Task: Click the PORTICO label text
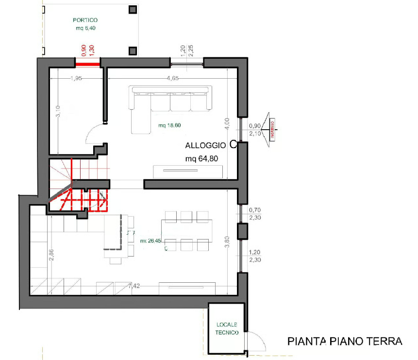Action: click(85, 20)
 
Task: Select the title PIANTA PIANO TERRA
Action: click(345, 341)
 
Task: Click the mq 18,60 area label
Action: click(169, 125)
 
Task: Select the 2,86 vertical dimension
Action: click(51, 255)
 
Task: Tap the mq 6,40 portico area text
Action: click(85, 28)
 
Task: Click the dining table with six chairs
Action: click(187, 230)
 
